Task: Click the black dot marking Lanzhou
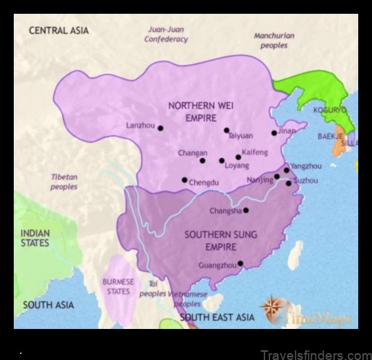click(x=161, y=128)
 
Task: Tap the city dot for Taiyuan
click(x=227, y=130)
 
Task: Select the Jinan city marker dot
click(x=274, y=133)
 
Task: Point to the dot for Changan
click(x=203, y=161)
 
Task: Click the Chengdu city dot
click(x=185, y=180)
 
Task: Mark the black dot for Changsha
click(x=246, y=210)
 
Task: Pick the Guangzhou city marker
click(x=240, y=263)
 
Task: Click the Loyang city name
click(x=237, y=166)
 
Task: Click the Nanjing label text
click(x=260, y=180)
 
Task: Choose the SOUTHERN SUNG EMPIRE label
click(x=211, y=240)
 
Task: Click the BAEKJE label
click(x=330, y=136)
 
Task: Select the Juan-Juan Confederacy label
click(x=166, y=34)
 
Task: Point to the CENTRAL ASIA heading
click(x=58, y=31)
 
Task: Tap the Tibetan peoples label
click(x=64, y=181)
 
